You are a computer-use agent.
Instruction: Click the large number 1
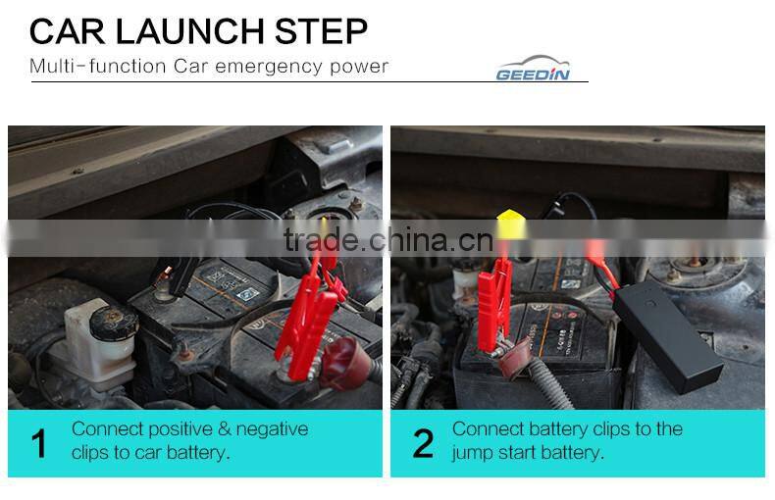coord(38,443)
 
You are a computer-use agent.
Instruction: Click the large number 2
coord(422,443)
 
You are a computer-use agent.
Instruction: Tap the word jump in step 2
coord(471,453)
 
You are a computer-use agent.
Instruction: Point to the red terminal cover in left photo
coord(346,361)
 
